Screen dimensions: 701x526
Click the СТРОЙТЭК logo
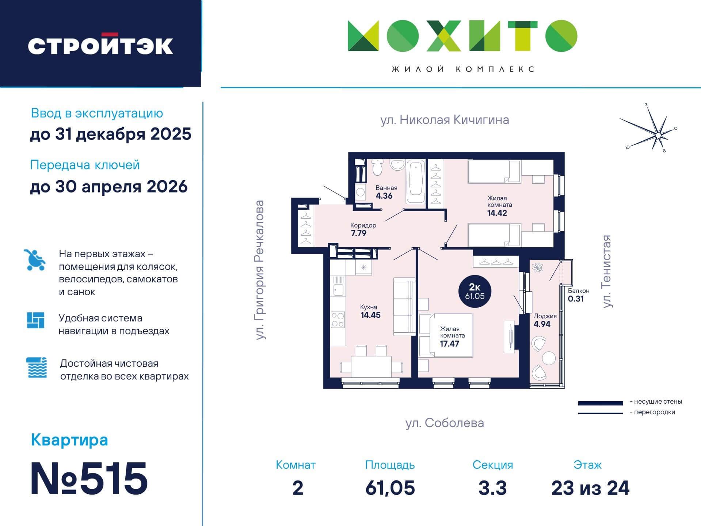tap(100, 44)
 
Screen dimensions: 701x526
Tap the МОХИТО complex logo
tap(462, 36)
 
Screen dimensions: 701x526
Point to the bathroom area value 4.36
tap(384, 196)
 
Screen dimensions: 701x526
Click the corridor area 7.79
tap(358, 233)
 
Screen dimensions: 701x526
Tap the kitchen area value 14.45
tap(371, 315)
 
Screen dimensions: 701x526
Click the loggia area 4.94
tap(542, 324)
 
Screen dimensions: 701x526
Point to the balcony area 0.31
tap(576, 299)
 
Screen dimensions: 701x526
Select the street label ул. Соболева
tap(445, 423)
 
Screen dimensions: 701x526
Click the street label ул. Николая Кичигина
tap(445, 120)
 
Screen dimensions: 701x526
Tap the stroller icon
tap(35, 260)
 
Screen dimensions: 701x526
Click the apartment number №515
tap(89, 479)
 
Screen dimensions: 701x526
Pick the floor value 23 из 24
tap(590, 488)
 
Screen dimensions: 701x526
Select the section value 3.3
tap(492, 488)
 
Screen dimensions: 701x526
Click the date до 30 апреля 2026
tap(109, 187)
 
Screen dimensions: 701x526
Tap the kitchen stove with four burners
tap(338, 320)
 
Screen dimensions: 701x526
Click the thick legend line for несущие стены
tap(601, 403)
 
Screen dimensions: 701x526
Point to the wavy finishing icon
tap(37, 367)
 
